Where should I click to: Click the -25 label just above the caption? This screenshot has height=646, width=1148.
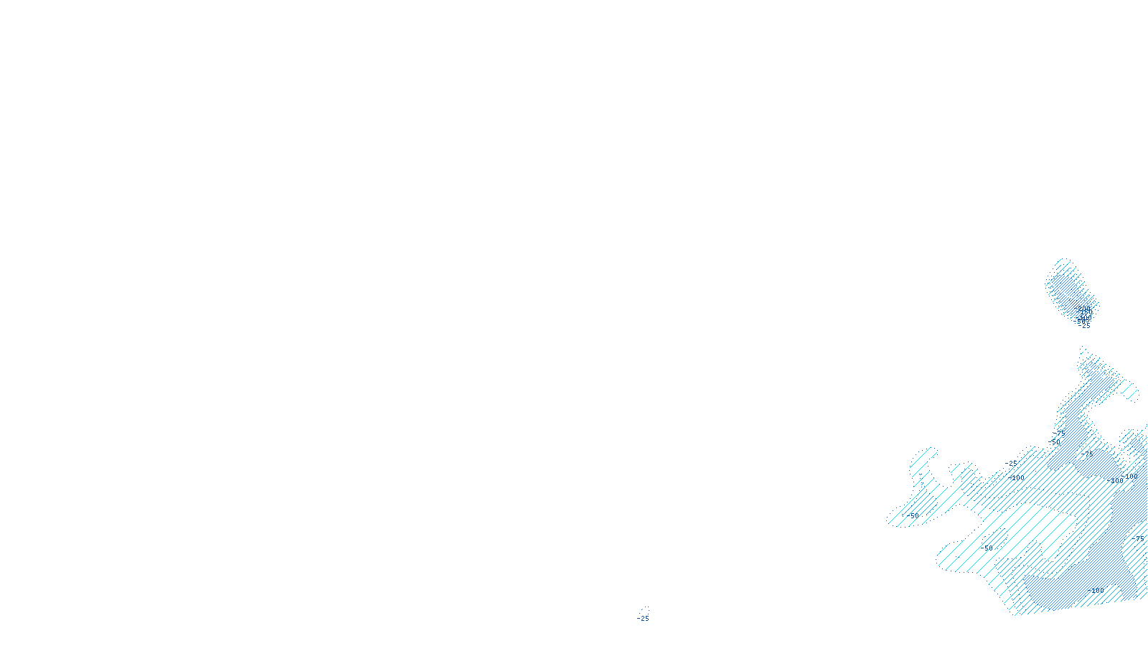(644, 619)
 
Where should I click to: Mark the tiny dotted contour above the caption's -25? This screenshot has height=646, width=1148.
(645, 610)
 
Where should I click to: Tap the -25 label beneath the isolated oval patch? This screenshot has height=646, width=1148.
(1085, 326)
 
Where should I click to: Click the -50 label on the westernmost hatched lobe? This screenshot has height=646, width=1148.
(913, 515)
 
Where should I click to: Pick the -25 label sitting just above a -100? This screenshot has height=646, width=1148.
(1012, 464)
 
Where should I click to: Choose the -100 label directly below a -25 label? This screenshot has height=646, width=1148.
(1017, 477)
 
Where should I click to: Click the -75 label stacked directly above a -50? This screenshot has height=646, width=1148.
(1059, 434)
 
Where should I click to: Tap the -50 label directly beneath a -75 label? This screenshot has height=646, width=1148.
(1055, 442)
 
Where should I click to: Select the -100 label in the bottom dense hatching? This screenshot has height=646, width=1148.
(1096, 590)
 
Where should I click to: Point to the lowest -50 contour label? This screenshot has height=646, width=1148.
(988, 548)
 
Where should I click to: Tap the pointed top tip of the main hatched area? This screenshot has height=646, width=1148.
(1083, 350)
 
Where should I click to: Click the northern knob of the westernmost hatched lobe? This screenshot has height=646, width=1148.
(926, 454)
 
